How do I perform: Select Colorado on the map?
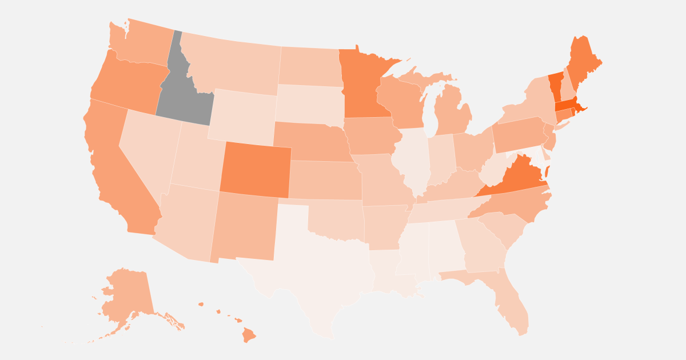(x=256, y=169)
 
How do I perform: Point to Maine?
(x=582, y=63)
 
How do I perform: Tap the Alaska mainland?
(x=129, y=291)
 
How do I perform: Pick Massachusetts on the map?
(x=566, y=105)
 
